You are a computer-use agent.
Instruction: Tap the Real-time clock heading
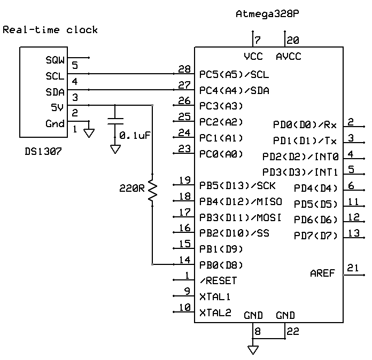50,29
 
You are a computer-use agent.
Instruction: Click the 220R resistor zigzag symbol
153,190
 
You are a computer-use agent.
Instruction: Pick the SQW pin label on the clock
55,61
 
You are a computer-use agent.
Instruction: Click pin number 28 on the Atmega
184,69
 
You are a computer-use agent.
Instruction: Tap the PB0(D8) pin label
221,264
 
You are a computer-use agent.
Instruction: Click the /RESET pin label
218,280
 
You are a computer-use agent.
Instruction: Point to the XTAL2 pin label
215,312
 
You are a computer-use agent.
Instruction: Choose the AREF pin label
322,273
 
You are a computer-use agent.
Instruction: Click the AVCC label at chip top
288,57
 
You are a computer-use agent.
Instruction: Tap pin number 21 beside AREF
353,268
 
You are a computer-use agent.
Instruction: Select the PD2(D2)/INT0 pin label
300,156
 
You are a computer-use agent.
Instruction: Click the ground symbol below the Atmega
253,350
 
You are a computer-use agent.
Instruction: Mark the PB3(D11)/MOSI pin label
240,218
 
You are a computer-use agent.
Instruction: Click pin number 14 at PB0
184,260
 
